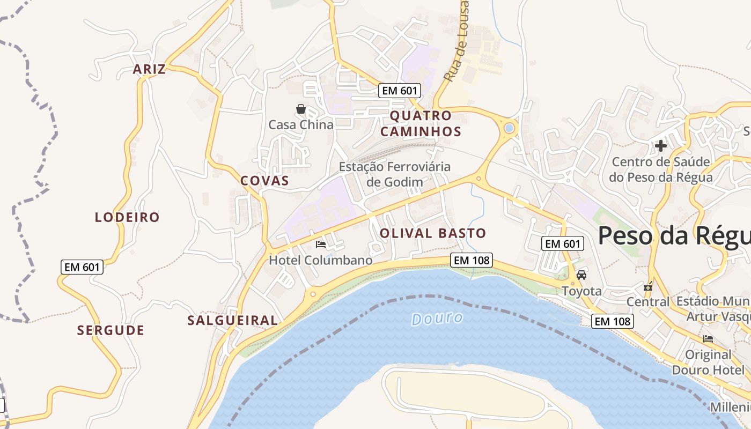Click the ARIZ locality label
(149, 69)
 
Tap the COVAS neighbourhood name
(264, 181)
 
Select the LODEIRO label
(127, 217)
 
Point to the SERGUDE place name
(111, 330)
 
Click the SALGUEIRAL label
(232, 321)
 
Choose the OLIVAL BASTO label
(433, 233)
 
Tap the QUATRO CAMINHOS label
(425, 123)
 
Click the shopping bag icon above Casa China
(301, 109)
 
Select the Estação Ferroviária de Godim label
(395, 174)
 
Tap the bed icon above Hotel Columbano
(321, 245)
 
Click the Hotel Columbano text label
(320, 260)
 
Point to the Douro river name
(437, 319)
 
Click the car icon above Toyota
(581, 275)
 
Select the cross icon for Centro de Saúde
(661, 145)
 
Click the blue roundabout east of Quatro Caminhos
(509, 128)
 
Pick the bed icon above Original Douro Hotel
(708, 339)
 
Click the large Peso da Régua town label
(674, 235)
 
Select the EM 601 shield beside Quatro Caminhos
(399, 91)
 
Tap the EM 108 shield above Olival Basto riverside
(471, 260)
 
